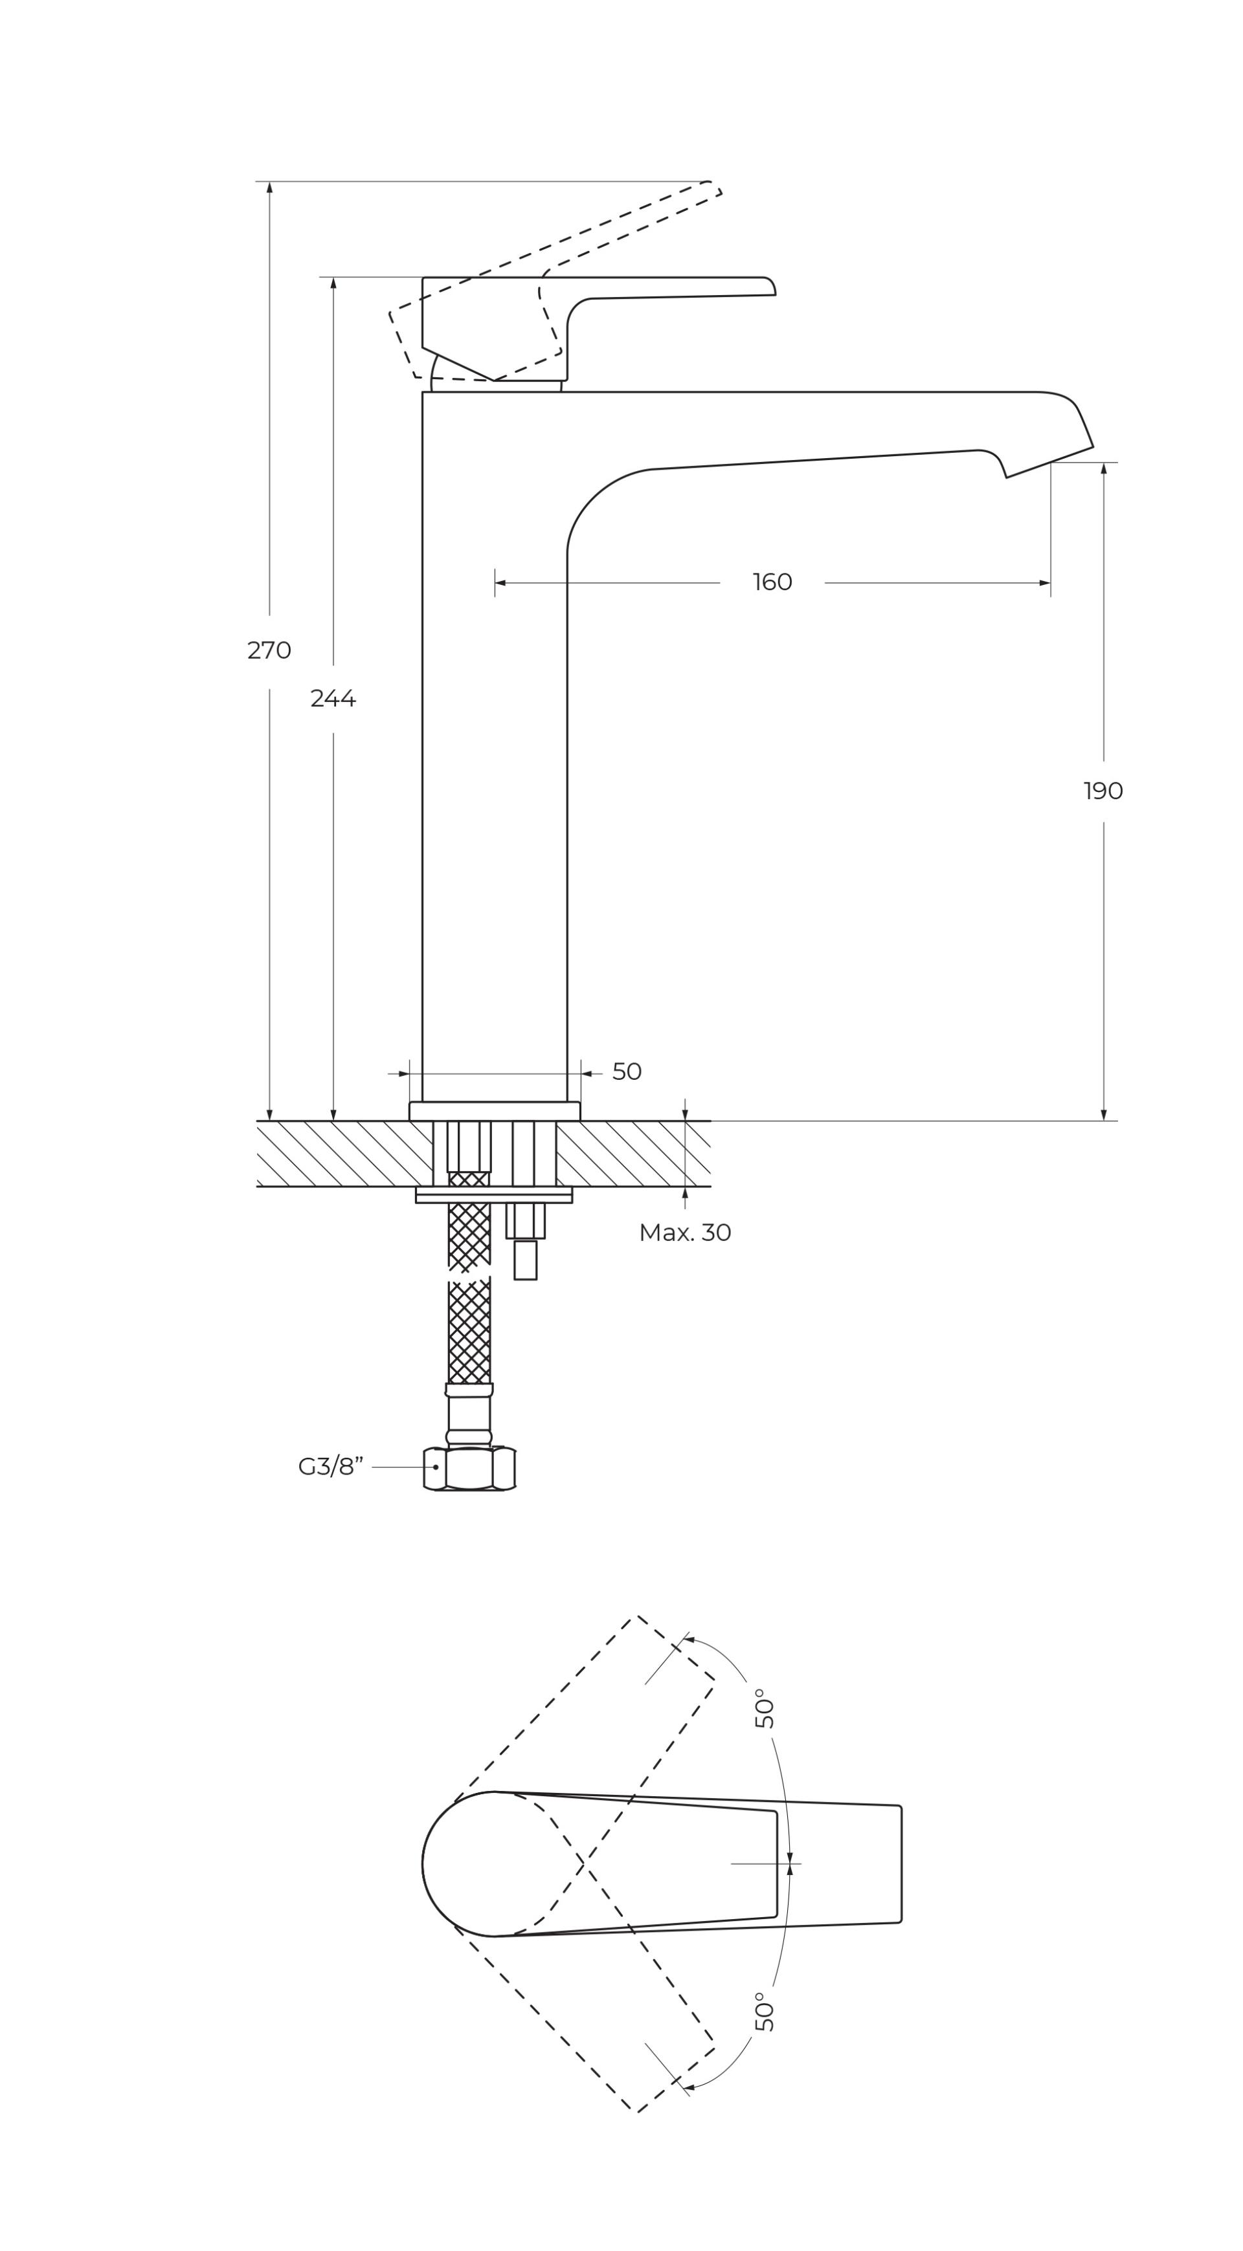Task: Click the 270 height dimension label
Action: click(x=269, y=651)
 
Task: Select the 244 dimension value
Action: click(x=333, y=699)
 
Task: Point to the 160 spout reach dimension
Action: click(x=772, y=582)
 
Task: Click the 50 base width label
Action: click(x=627, y=1071)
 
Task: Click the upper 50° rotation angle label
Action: click(x=764, y=1708)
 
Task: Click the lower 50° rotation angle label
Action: click(x=764, y=2012)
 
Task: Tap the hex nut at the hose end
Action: click(x=469, y=1468)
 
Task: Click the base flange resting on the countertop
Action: click(x=495, y=1111)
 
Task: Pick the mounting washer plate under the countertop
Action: click(x=494, y=1194)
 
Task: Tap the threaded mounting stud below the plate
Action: click(x=525, y=1241)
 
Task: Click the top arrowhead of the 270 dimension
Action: click(x=269, y=187)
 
